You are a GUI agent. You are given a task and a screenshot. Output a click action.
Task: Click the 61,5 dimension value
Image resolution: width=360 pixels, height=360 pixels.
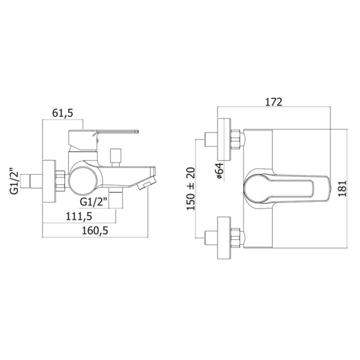pos(63,113)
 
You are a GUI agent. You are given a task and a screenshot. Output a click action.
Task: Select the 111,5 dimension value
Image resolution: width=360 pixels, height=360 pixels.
pos(79,216)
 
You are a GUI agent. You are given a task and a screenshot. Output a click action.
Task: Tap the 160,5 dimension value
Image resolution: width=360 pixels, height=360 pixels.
pos(95,231)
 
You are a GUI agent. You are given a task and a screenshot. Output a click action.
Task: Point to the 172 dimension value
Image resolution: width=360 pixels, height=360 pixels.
pos(274,102)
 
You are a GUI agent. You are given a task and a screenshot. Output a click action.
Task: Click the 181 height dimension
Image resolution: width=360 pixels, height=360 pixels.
pos(342,189)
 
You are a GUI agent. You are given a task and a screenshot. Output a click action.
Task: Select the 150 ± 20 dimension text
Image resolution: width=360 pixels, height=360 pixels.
pos(190,189)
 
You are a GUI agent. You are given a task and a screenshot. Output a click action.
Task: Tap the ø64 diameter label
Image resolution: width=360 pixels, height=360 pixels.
pos(219,171)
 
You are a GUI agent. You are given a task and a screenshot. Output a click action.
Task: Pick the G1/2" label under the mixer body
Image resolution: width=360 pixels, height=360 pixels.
pos(94,202)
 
